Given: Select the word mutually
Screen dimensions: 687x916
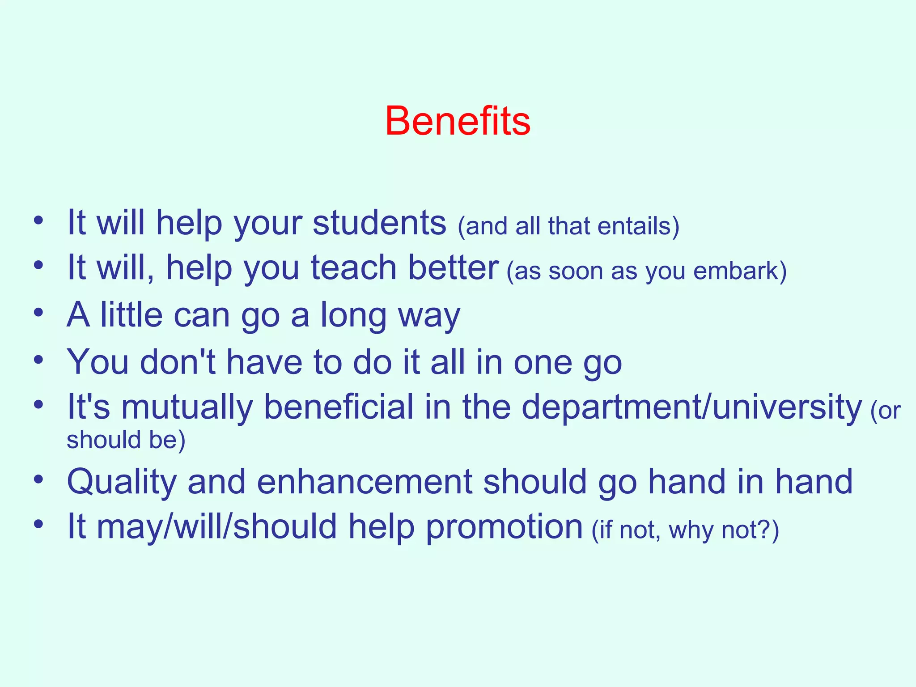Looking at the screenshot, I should pos(187,407).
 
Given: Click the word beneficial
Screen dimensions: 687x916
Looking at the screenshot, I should pos(339,407).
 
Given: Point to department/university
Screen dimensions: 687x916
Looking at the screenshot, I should pos(691,407).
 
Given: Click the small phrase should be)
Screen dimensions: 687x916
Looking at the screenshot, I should pos(126,440).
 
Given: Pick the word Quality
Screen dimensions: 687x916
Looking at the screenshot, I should pos(122,483).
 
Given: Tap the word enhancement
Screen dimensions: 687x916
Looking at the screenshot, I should pos(364,482).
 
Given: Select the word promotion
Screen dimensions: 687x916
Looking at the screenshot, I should pos(504,527).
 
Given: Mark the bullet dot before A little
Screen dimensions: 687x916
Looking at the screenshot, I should pos(38,312).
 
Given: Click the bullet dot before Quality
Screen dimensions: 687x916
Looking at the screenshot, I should pos(38,479).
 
